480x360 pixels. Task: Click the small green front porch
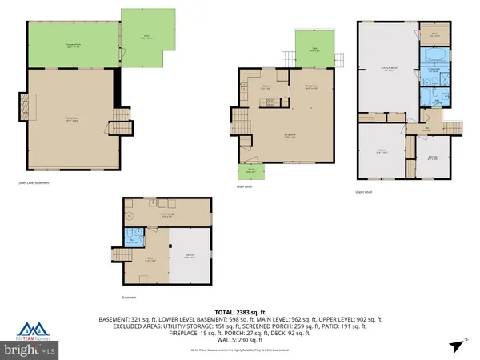[x=250, y=171]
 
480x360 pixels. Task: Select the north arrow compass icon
[x=458, y=346]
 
